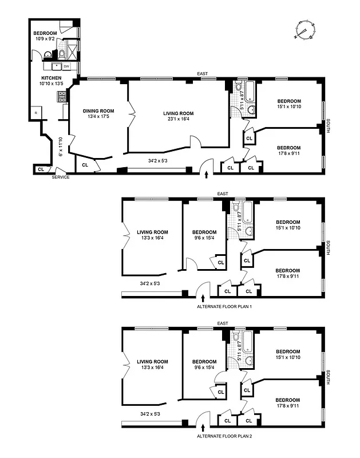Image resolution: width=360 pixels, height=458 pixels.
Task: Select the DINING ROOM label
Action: pos(98,111)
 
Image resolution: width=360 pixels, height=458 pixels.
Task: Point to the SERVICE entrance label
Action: pos(61,177)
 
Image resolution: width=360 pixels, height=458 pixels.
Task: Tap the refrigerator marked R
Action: pos(36,113)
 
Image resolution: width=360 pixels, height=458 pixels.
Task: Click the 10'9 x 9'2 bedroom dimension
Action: pos(45,40)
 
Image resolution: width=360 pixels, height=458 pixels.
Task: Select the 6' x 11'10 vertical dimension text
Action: pos(60,146)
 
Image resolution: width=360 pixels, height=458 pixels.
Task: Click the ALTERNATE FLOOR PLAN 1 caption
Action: pos(224,307)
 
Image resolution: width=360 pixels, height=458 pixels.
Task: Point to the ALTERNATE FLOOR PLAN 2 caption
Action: pos(224,436)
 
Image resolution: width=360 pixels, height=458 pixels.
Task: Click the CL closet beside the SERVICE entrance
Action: pos(41,169)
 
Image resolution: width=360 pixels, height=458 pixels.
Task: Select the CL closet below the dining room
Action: pos(85,165)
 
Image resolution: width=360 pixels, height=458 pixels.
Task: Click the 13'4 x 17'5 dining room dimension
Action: pos(98,118)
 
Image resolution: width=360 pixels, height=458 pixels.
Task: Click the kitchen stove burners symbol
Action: pos(60,97)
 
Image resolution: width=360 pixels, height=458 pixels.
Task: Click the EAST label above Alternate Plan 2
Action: pos(223,324)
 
